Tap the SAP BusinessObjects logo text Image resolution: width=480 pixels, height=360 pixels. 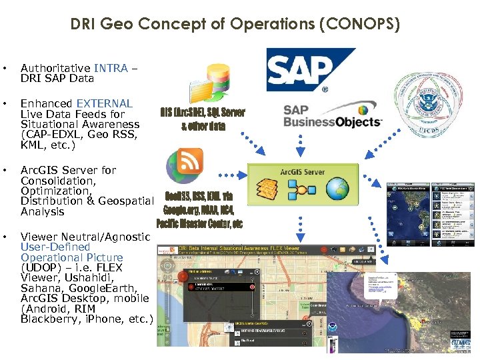click(332, 116)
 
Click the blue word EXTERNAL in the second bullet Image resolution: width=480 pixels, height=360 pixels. click(104, 103)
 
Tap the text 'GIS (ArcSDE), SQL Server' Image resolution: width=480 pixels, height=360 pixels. click(202, 112)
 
